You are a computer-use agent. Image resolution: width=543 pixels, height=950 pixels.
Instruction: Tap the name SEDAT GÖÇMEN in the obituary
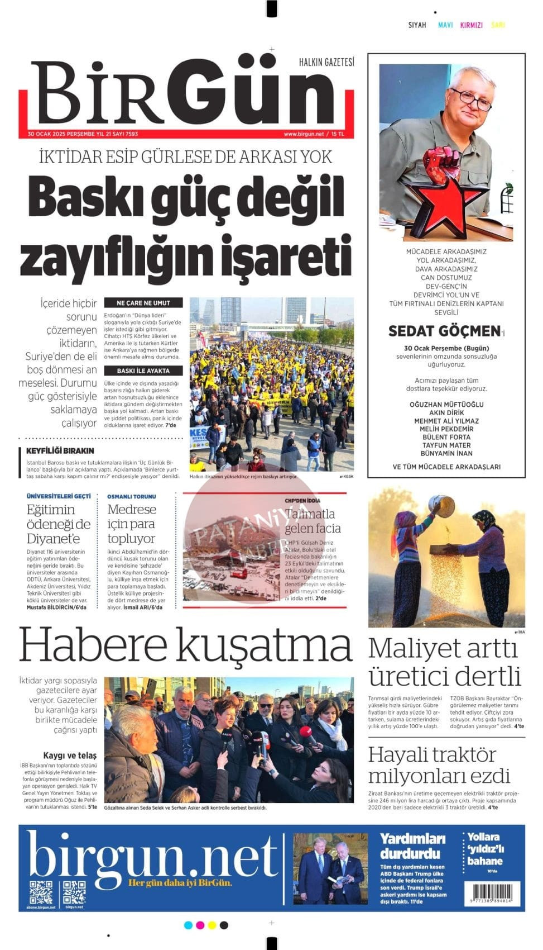(444, 331)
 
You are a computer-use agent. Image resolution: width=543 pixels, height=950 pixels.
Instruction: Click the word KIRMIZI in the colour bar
(471, 25)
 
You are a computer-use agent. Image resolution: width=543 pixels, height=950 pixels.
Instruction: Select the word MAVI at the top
(445, 25)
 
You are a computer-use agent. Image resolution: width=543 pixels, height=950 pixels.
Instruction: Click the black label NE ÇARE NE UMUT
(143, 303)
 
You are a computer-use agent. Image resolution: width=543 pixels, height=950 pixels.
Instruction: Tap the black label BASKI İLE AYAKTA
(143, 370)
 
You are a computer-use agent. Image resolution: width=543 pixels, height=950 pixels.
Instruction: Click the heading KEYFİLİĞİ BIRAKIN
(60, 451)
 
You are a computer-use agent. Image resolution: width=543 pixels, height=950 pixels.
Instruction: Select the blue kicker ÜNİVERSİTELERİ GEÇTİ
(58, 496)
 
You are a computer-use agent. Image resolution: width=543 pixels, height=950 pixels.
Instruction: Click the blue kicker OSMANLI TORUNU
(131, 496)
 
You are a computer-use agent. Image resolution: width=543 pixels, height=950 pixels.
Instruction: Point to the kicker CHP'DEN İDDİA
(302, 501)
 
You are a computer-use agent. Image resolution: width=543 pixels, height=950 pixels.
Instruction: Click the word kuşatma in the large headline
(265, 645)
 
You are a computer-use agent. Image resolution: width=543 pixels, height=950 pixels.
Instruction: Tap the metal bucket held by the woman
(441, 506)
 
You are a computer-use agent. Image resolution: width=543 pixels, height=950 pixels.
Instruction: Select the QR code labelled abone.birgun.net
(41, 892)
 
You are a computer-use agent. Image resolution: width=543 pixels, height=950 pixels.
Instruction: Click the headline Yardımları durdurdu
(412, 846)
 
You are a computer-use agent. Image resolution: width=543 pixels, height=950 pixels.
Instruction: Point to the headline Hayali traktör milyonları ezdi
(439, 765)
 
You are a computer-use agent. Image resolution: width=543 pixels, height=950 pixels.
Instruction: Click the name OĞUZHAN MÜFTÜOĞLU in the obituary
(446, 404)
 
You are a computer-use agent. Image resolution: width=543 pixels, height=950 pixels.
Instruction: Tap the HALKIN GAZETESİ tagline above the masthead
(326, 62)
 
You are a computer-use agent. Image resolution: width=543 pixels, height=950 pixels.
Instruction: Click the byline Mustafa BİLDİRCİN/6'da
(56, 607)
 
